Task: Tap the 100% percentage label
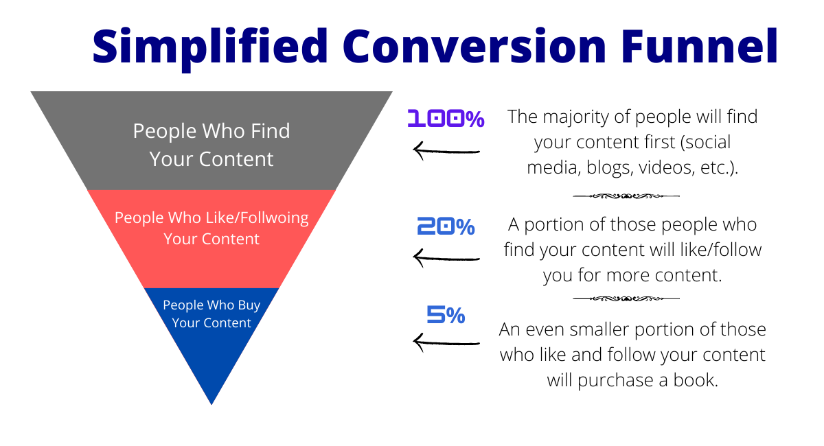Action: pos(446,119)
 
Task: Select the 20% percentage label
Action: pos(446,226)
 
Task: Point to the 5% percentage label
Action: pos(446,316)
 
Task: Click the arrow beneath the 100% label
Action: pos(446,150)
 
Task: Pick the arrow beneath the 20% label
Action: pos(446,258)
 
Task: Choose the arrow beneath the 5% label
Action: pos(446,342)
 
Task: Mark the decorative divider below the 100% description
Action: pos(626,196)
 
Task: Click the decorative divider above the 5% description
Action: pos(626,298)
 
